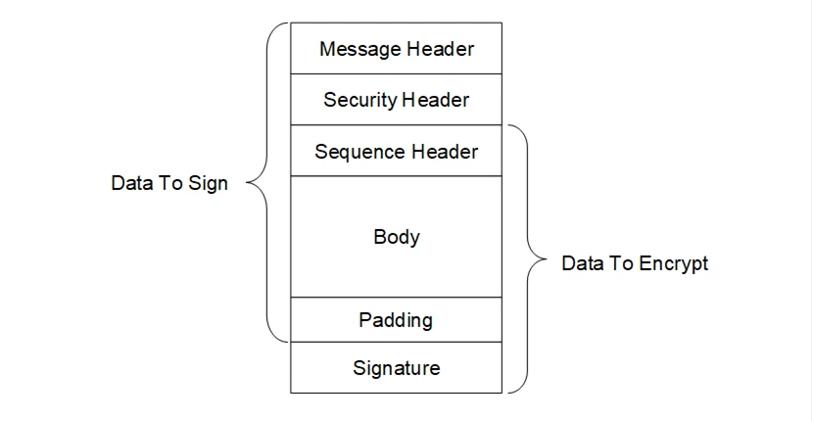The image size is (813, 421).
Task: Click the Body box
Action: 396,237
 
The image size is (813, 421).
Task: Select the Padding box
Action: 396,320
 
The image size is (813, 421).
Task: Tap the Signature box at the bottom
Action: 396,368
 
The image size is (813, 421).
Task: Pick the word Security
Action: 359,100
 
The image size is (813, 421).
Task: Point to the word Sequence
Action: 356,152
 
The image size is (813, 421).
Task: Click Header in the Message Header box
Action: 438,49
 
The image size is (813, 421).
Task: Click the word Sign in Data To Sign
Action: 208,184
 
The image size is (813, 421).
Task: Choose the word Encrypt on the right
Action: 675,264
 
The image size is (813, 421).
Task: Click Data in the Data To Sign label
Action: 130,184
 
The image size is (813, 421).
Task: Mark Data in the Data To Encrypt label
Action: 581,264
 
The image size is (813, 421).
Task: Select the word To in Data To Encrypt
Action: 620,264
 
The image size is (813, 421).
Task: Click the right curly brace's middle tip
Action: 546,260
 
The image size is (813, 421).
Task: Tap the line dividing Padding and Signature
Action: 396,342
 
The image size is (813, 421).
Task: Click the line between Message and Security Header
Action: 396,74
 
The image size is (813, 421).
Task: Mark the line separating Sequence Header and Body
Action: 396,176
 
